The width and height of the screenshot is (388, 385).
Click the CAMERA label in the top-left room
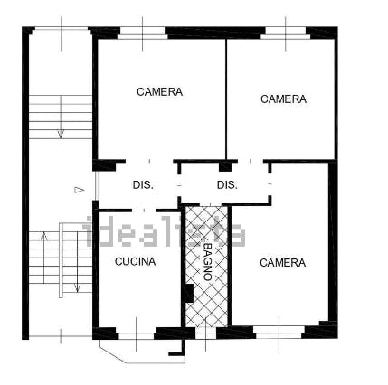tap(159, 92)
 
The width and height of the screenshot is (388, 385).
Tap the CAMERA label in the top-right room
tap(283, 99)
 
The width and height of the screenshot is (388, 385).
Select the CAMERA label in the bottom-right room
tap(282, 263)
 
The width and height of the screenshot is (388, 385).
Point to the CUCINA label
tap(135, 262)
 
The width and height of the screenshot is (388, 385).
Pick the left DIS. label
tap(143, 185)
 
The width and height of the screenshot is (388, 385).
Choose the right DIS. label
tap(227, 185)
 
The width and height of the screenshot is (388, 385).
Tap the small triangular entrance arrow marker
tap(80, 190)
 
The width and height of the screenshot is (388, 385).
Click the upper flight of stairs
tap(60, 116)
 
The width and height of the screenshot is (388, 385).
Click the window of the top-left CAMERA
tap(143, 33)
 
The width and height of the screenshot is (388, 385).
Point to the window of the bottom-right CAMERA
tap(279, 332)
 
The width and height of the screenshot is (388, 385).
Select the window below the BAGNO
tap(207, 333)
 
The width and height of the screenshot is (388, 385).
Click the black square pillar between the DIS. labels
tap(226, 166)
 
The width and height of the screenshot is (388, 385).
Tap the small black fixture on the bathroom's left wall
tap(187, 293)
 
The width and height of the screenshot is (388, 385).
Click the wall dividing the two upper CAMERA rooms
tap(226, 99)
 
